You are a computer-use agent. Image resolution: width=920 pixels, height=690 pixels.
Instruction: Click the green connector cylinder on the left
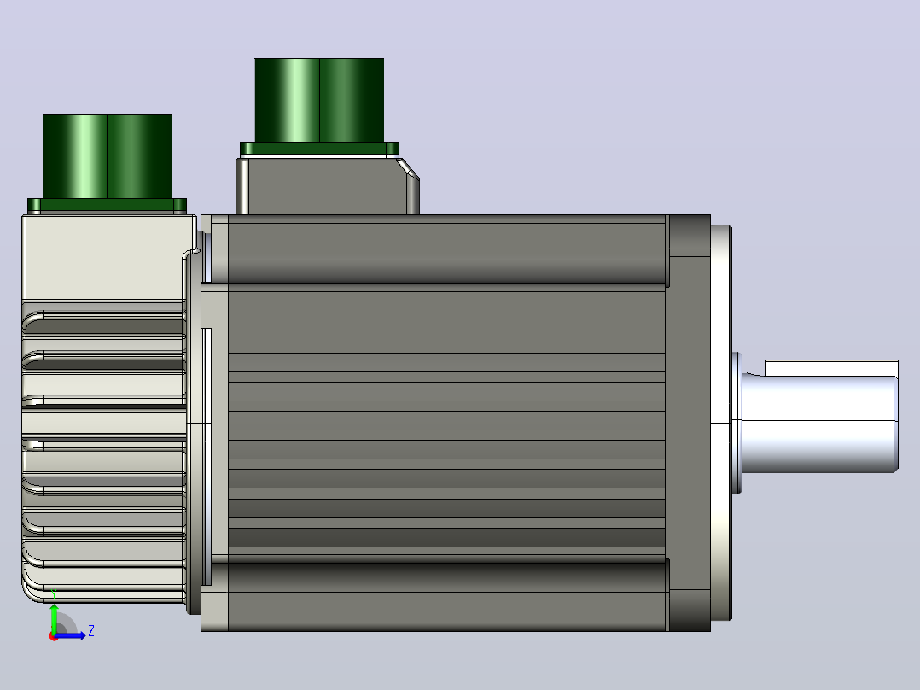coord(108,157)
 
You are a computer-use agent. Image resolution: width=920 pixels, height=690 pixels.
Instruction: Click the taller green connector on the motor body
coord(319,101)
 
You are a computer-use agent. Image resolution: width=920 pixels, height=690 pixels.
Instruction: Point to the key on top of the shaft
coord(831,367)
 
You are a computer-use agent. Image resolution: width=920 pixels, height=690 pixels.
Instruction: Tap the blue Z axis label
coord(91,631)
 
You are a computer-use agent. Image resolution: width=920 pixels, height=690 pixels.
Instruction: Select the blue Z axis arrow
coord(70,635)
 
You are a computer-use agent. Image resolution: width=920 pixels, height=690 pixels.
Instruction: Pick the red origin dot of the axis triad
coord(54,637)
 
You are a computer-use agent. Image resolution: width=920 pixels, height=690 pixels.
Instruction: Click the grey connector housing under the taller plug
coord(328,186)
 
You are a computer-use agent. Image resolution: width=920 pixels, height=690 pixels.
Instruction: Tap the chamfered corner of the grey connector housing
coord(408,168)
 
